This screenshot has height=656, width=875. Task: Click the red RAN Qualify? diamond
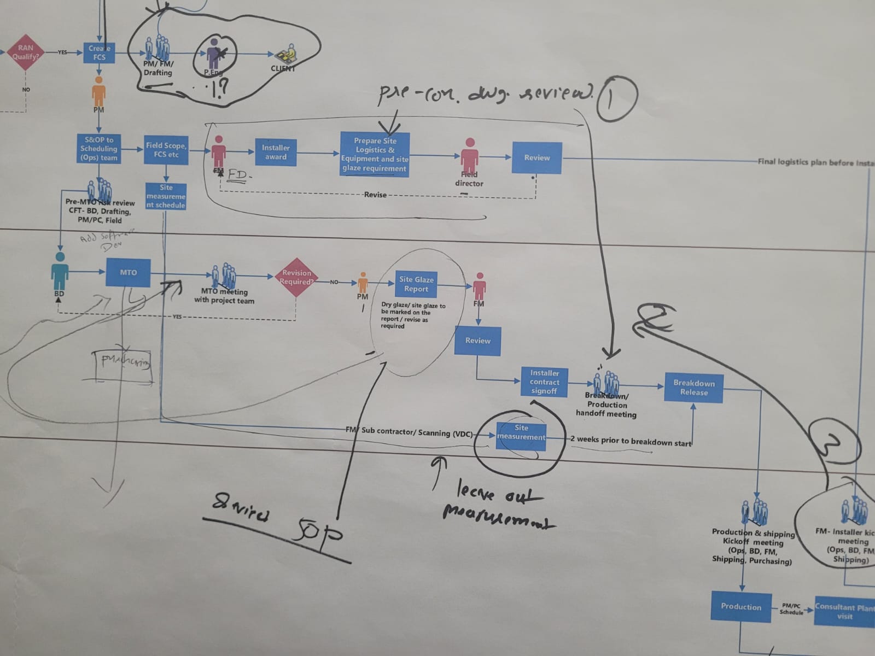pos(25,52)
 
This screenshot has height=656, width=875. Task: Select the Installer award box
pos(276,152)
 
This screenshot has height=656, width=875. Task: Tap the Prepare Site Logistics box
pos(375,154)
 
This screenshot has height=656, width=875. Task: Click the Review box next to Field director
pos(536,157)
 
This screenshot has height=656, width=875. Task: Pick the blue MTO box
pos(128,272)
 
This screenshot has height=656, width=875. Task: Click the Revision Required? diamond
pos(296,278)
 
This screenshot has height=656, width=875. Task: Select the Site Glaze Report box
pos(416,284)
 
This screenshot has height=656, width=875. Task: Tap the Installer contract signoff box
pos(544,382)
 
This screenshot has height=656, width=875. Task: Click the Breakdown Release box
pos(693,388)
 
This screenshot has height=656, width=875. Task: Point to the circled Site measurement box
pos(521,436)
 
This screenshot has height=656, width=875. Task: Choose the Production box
pos(741,606)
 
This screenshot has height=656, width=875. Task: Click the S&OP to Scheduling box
pos(99,149)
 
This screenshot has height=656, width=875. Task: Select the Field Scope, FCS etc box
pos(166,150)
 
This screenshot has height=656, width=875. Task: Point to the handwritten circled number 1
pos(617,97)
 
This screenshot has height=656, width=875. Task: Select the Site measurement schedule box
pos(166,196)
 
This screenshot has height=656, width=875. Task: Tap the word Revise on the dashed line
pos(375,195)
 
